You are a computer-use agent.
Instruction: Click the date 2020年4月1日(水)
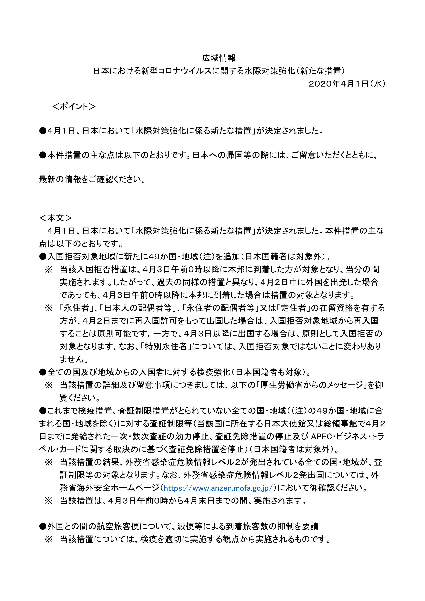click(347, 84)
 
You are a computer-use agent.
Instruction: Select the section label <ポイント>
click(74, 107)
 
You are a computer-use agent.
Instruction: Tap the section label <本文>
click(56, 218)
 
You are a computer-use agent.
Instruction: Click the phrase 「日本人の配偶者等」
click(138, 308)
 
